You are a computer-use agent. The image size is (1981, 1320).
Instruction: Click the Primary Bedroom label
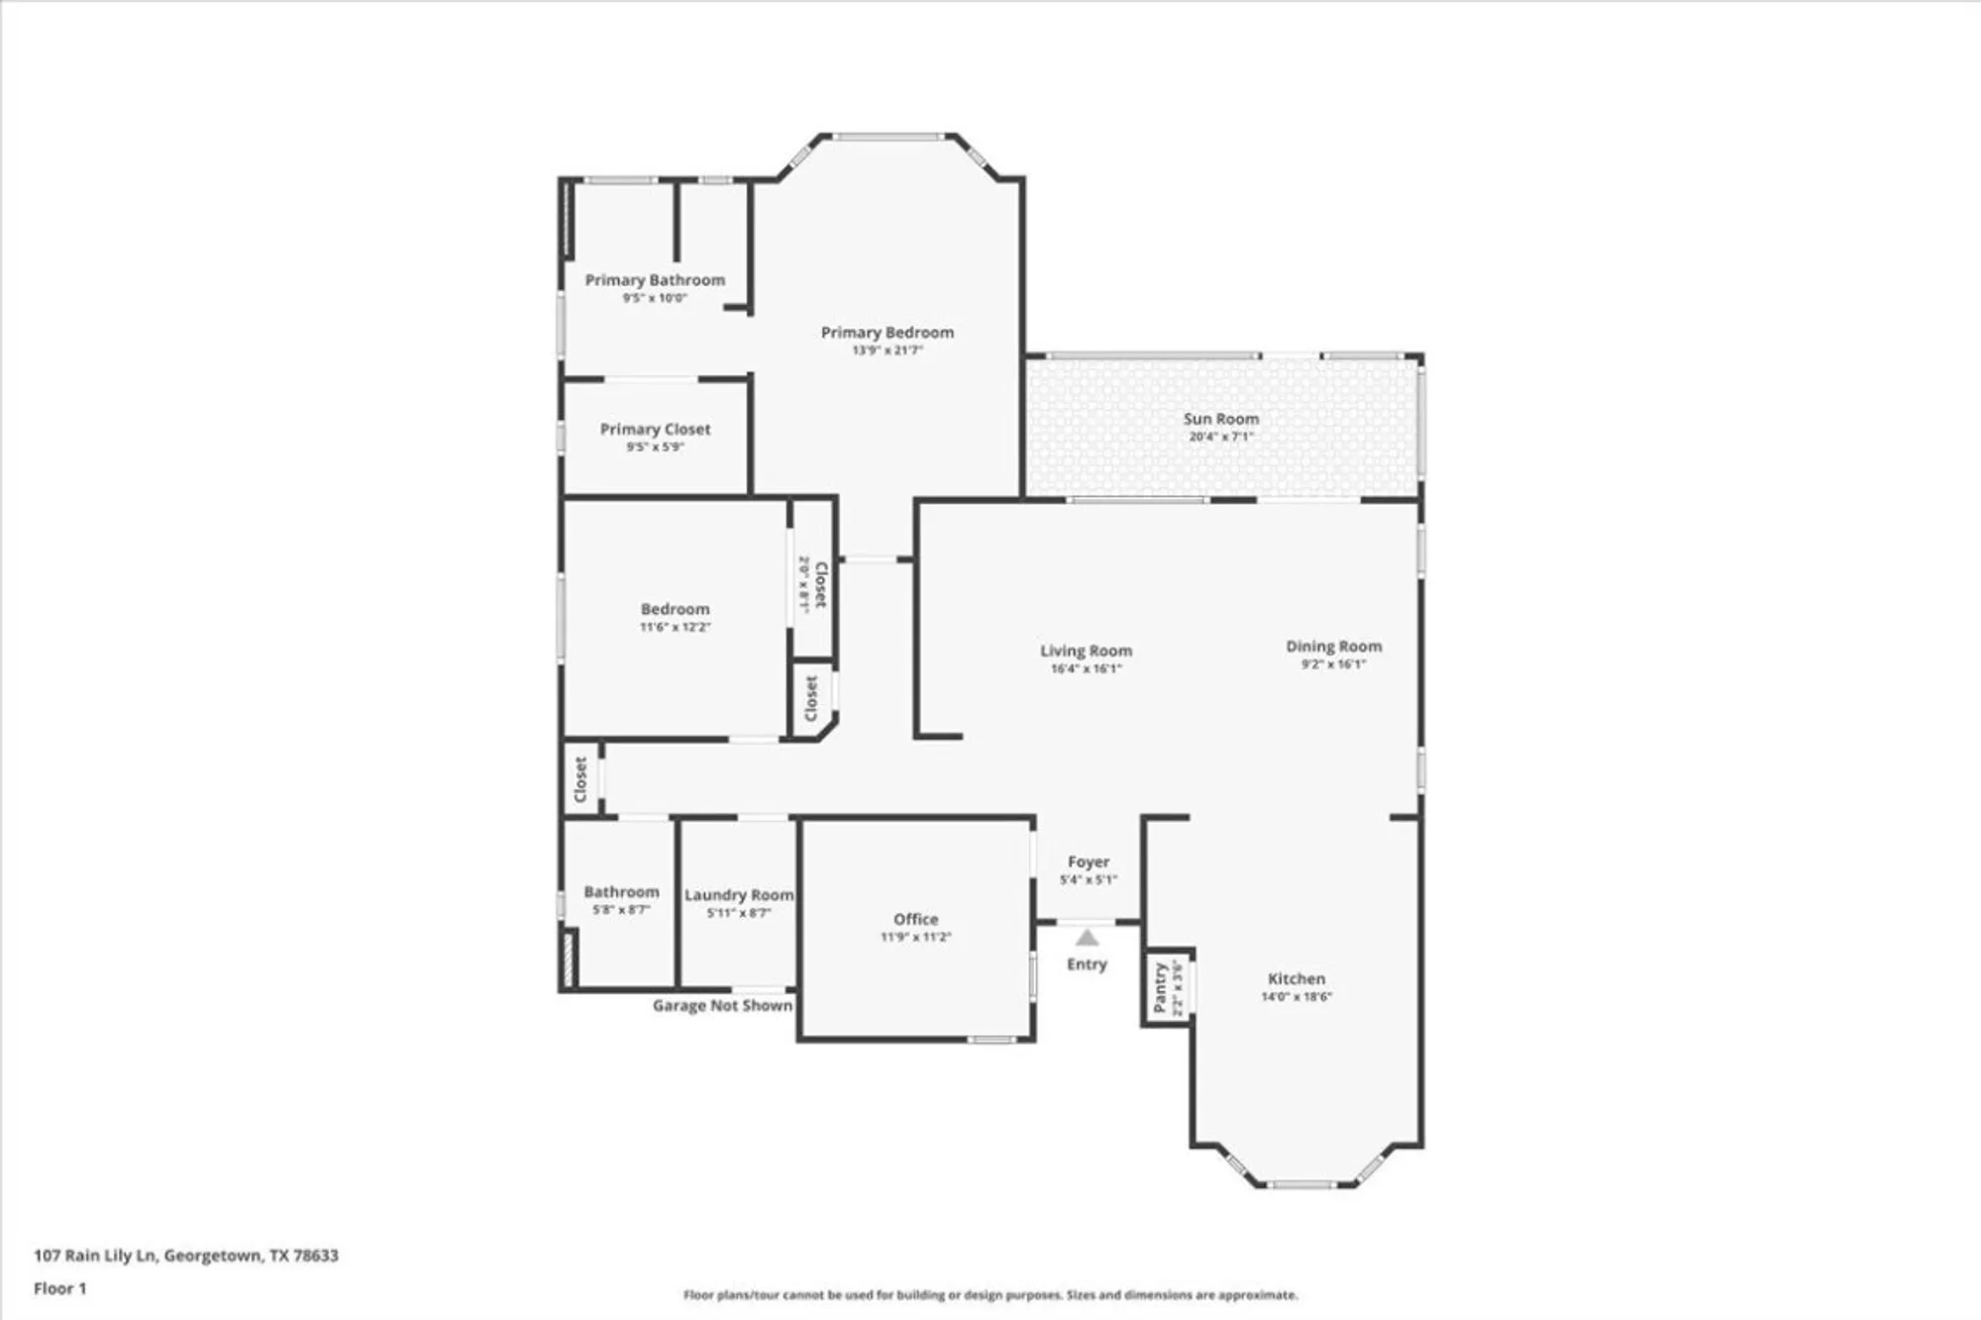(x=886, y=333)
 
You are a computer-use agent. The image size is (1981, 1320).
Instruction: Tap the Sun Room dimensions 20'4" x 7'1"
(x=1220, y=437)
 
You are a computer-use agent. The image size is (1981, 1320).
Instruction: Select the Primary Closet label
(x=655, y=429)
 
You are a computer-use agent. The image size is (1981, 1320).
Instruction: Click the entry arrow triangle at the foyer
(x=1087, y=938)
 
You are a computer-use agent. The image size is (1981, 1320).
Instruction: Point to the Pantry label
(x=1160, y=987)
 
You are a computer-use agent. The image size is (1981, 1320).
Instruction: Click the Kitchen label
(x=1296, y=978)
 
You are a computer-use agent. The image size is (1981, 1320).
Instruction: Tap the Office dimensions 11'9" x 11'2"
(x=915, y=937)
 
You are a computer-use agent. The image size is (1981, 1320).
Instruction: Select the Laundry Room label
(x=739, y=895)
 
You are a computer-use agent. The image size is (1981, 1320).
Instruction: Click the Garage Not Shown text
(x=722, y=1006)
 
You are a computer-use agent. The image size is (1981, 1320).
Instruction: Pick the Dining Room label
(x=1333, y=647)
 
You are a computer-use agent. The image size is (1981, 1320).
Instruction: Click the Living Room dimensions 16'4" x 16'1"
(x=1086, y=668)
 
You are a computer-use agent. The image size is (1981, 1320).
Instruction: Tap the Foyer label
(x=1088, y=863)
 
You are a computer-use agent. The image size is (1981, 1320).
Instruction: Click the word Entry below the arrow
(x=1087, y=965)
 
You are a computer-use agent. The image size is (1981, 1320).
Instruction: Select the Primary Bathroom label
(x=654, y=280)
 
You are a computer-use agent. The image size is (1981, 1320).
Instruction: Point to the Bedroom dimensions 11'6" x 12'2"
(x=675, y=627)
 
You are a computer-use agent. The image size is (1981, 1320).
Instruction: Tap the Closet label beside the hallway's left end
(x=580, y=780)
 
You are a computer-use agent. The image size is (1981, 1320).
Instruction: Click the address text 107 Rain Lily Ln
(x=95, y=1256)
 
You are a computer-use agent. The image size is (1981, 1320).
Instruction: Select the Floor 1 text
(x=59, y=1288)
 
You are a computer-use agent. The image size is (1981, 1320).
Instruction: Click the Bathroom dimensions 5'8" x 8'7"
(x=621, y=909)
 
